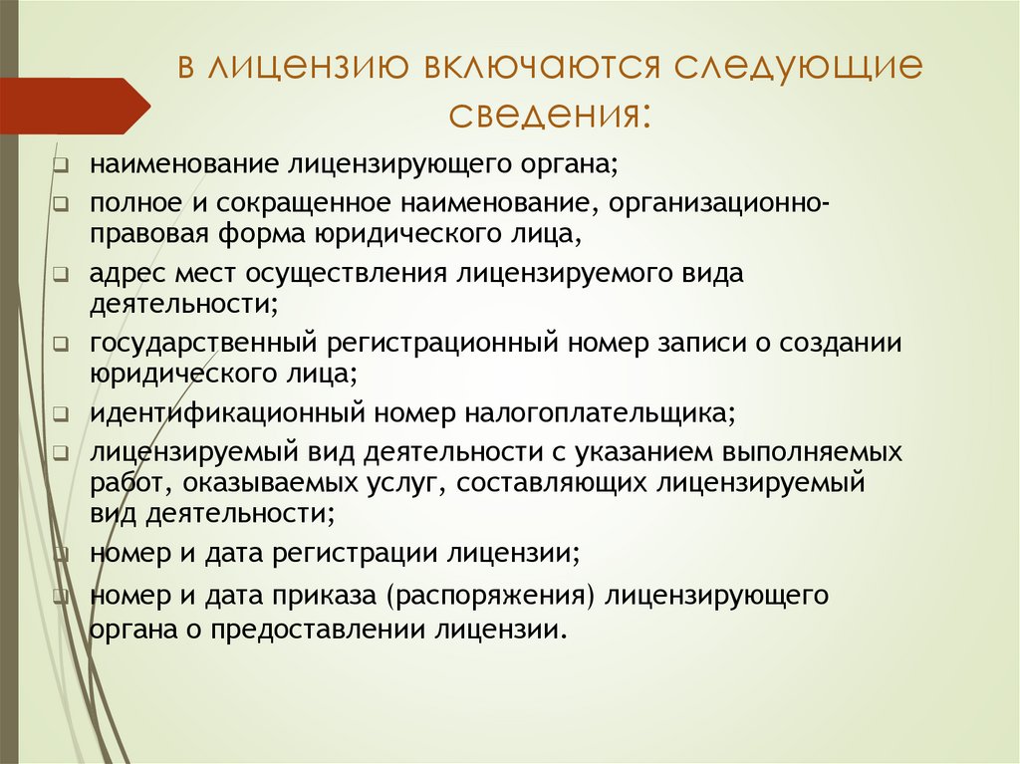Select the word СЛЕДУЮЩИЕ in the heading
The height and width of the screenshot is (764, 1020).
(797, 71)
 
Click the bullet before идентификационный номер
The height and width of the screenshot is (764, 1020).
(62, 413)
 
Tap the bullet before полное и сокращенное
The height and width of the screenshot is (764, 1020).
(62, 205)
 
